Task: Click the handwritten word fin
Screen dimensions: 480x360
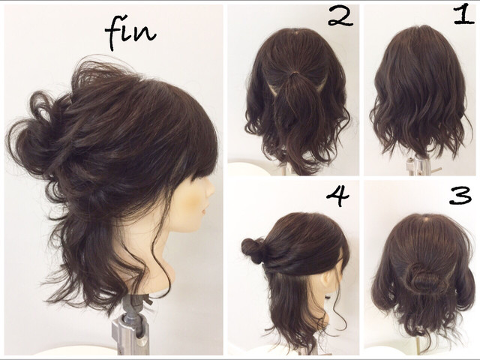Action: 130,34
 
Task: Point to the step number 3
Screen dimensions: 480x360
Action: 460,196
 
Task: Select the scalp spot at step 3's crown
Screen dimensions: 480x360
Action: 424,220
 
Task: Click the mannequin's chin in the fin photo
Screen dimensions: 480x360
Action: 196,226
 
